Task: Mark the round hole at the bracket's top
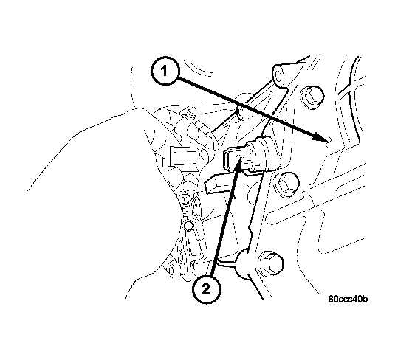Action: tap(280, 72)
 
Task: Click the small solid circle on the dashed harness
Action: tap(188, 225)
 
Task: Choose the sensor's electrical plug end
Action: tap(233, 158)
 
